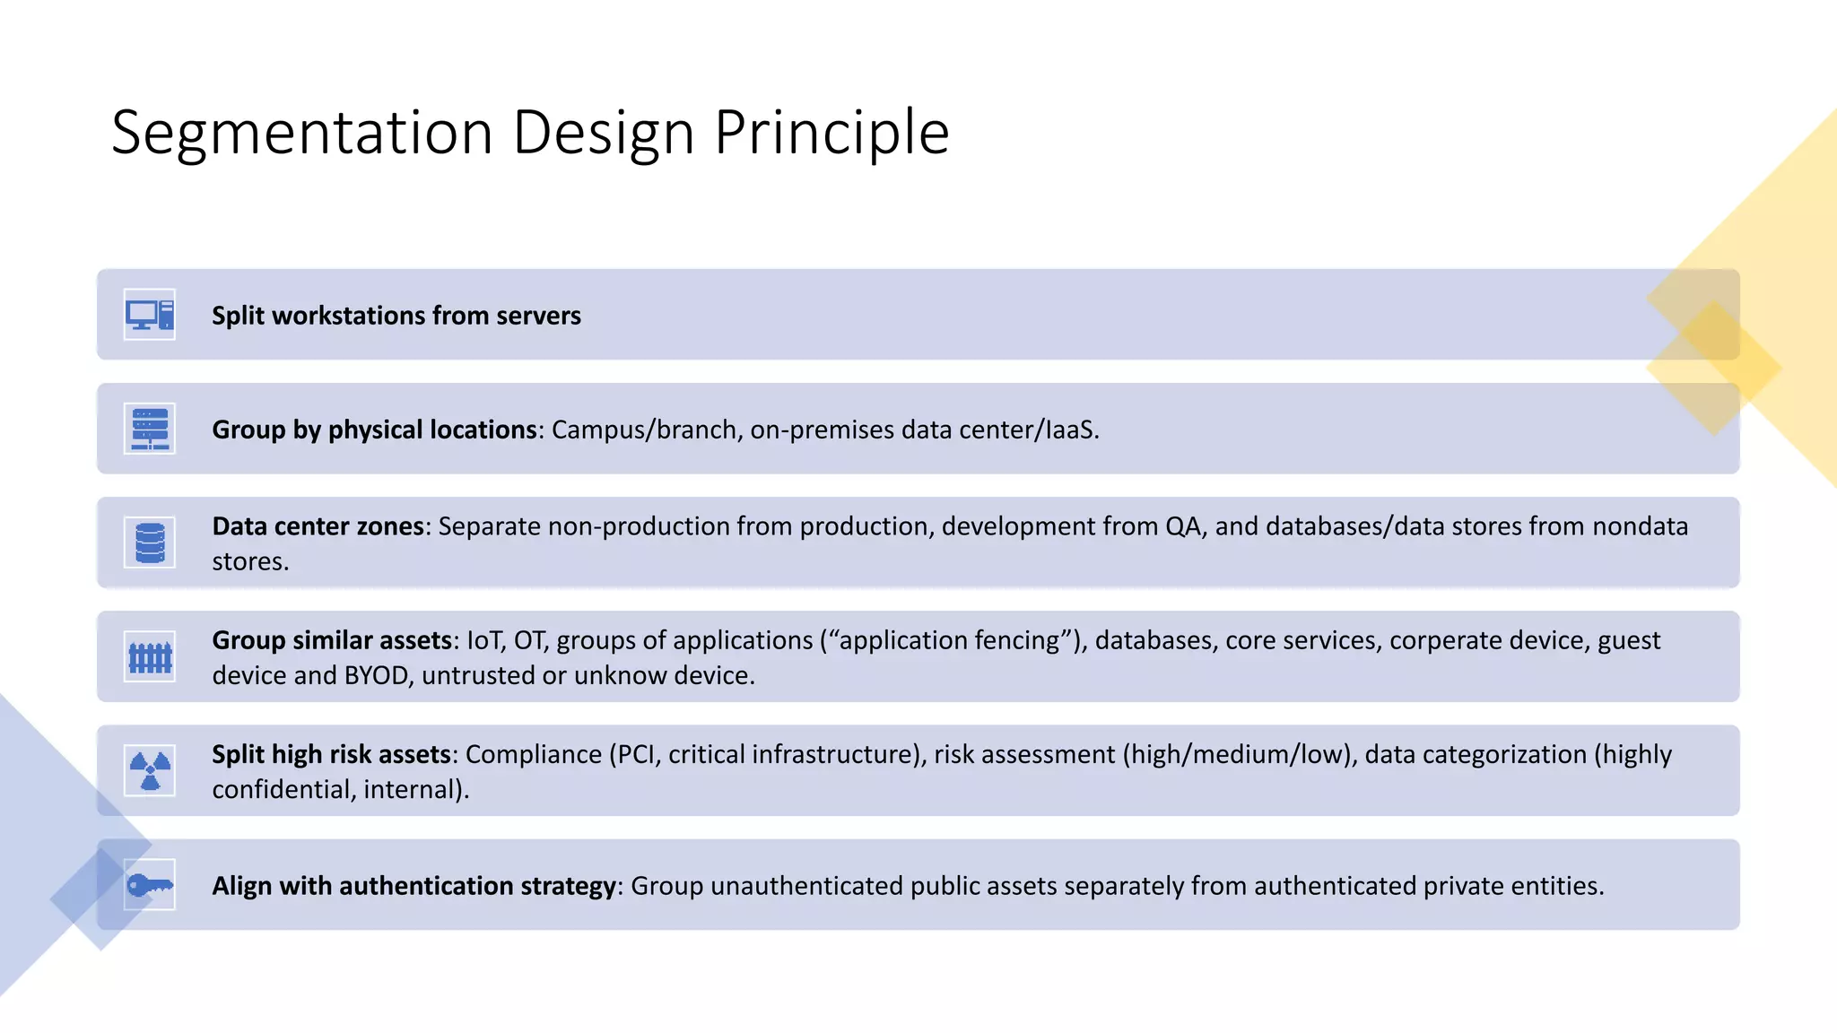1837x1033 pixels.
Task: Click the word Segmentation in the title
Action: coord(301,133)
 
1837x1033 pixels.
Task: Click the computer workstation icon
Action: coord(150,315)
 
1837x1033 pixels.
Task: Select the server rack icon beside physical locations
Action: coord(150,429)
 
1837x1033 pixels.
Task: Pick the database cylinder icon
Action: coord(150,543)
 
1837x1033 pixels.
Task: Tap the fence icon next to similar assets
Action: coord(150,657)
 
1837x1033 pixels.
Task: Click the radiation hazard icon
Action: coord(150,771)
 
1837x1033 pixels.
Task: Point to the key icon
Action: coord(150,886)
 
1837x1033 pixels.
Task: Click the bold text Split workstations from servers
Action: coord(396,316)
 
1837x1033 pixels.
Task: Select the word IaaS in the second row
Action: coord(1070,430)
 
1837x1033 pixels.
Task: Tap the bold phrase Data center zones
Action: coord(318,526)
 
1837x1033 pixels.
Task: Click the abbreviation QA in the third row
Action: coord(1183,526)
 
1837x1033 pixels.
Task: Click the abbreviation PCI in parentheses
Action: coord(636,754)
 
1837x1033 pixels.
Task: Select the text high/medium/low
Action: coord(1237,754)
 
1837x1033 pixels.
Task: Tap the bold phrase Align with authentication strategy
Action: coord(414,886)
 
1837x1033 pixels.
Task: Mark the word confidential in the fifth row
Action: coord(283,789)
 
